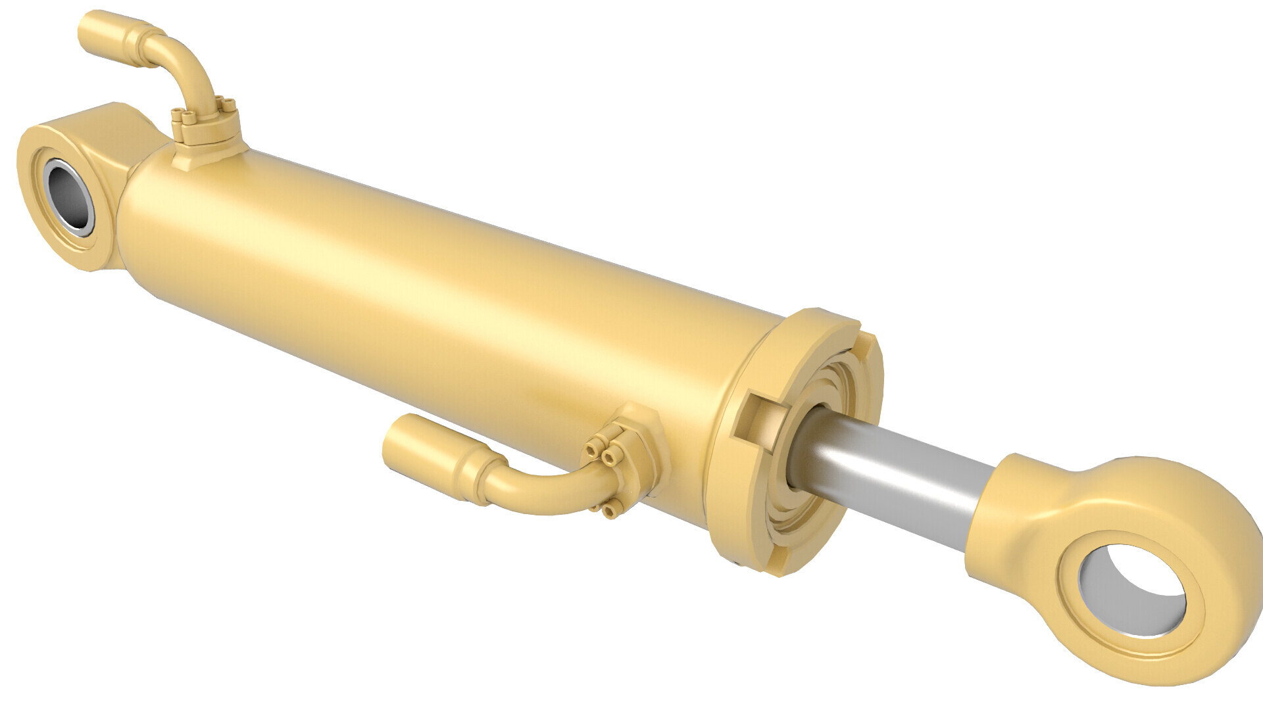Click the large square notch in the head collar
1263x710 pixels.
[763, 421]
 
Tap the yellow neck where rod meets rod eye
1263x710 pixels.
[1006, 486]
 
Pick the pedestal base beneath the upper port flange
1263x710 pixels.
[210, 158]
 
